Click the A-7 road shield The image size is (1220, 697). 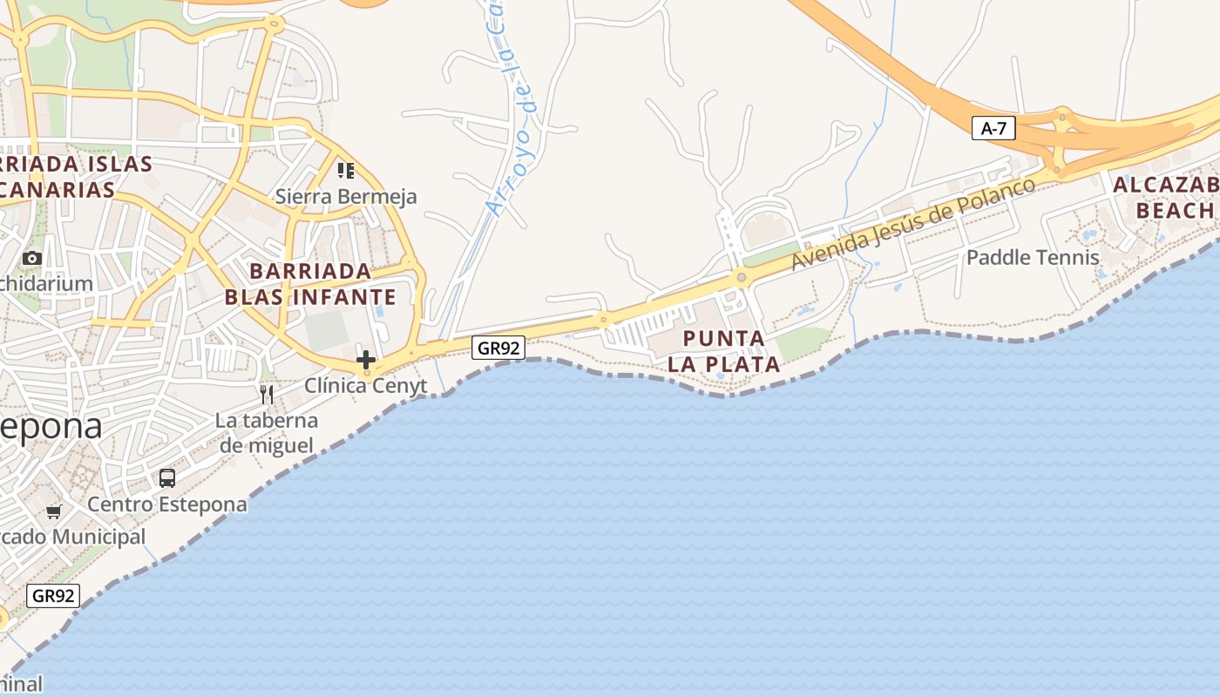[x=993, y=129]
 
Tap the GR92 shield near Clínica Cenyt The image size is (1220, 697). [x=499, y=348]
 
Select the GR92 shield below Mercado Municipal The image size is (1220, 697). [x=54, y=596]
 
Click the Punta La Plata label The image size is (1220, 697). [x=724, y=351]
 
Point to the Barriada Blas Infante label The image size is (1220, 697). [x=310, y=284]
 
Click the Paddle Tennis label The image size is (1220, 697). [x=1033, y=258]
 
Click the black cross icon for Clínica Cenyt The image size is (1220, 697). [x=366, y=359]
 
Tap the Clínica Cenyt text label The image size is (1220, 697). [x=366, y=385]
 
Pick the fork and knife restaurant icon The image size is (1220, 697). [x=267, y=395]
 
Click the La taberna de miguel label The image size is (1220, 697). [x=267, y=433]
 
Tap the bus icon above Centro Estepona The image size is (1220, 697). [x=167, y=478]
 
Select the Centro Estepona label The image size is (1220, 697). [x=167, y=504]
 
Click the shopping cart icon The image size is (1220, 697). [x=54, y=511]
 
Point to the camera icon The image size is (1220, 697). [x=32, y=258]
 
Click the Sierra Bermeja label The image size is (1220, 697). [x=346, y=197]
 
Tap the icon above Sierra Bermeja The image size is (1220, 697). [x=346, y=170]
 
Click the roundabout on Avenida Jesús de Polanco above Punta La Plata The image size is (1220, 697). [x=742, y=278]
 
